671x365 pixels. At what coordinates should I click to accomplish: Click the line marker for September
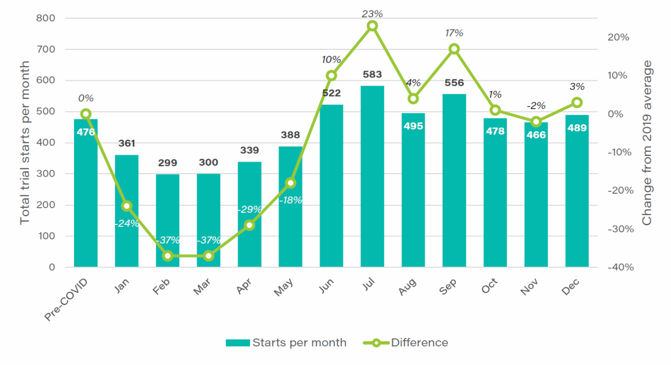[454, 49]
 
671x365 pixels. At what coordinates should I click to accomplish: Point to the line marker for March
[209, 255]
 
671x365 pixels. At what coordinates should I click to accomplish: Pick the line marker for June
[331, 75]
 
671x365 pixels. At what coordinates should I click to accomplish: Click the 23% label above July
[372, 14]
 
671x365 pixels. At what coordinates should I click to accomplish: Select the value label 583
[372, 74]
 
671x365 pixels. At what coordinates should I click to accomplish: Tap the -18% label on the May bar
[291, 200]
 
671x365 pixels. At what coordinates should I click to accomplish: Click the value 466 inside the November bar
[536, 135]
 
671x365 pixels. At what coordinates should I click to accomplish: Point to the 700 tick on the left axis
[45, 49]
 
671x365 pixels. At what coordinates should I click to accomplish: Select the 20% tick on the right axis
[617, 37]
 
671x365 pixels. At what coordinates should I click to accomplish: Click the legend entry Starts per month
[286, 343]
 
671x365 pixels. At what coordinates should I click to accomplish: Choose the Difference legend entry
[406, 343]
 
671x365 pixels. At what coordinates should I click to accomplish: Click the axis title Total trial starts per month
[25, 143]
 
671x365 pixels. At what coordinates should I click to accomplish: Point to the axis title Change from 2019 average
[647, 143]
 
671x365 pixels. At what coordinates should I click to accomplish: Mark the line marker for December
[577, 103]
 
